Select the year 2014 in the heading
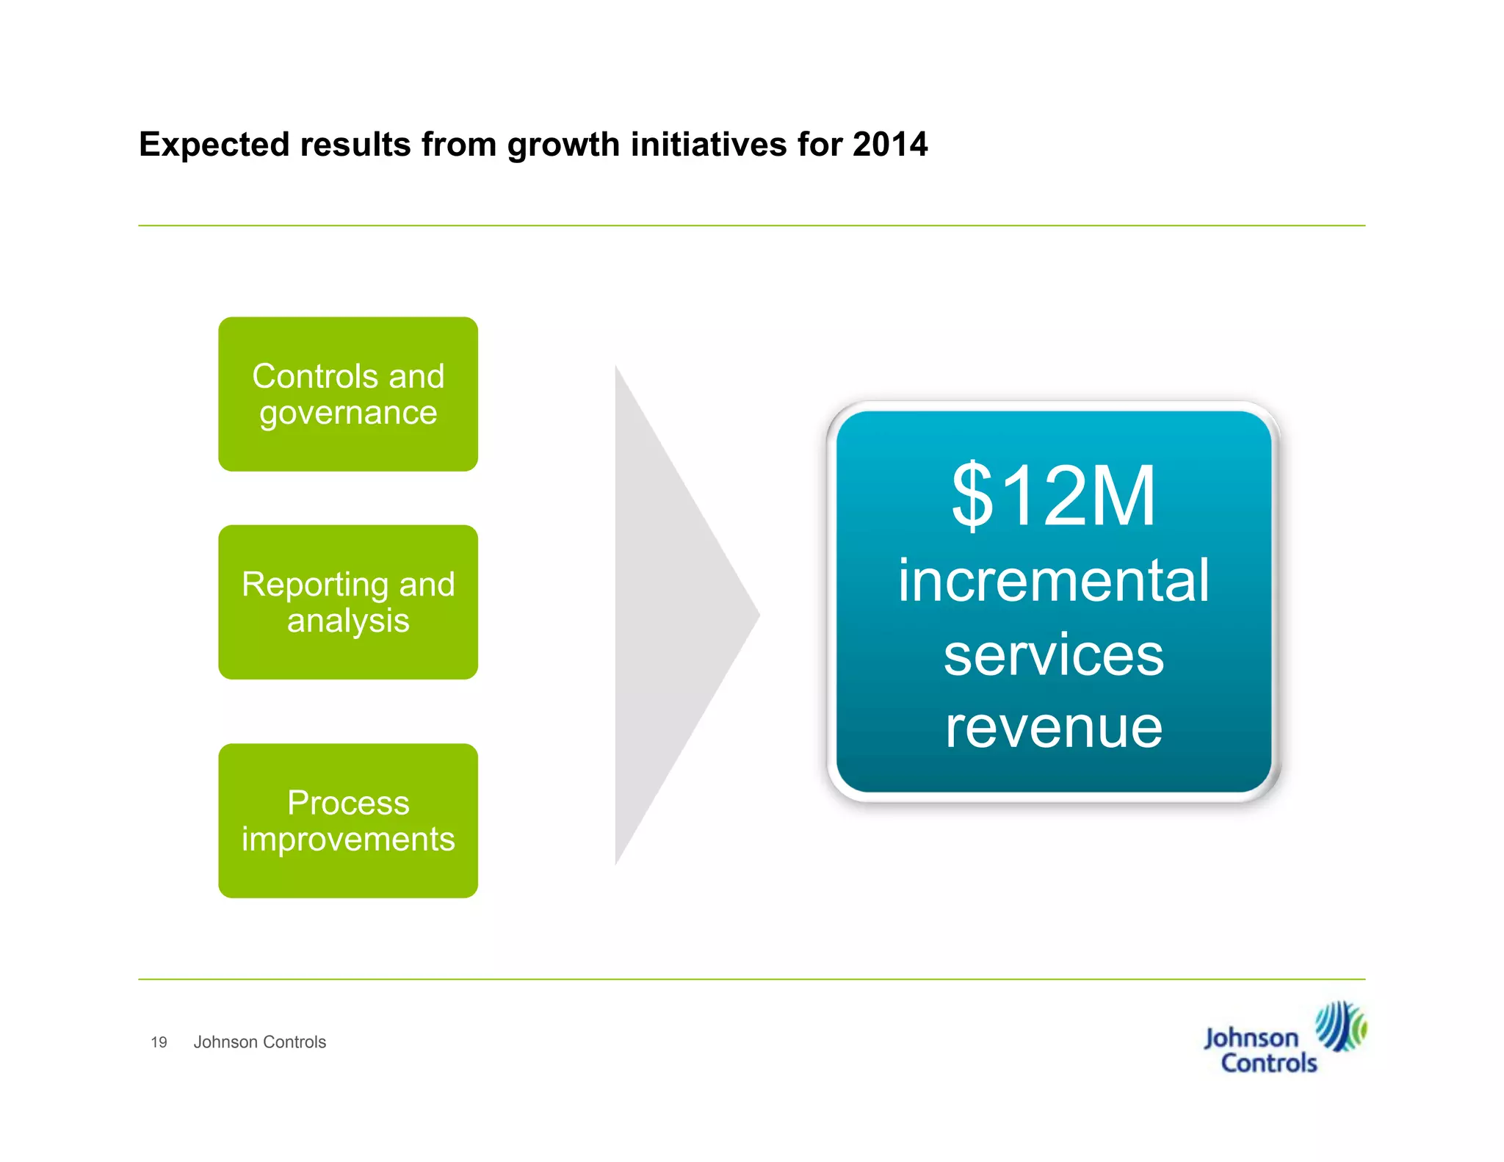[x=890, y=144]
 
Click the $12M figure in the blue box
[x=1054, y=497]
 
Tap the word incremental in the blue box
[x=1054, y=580]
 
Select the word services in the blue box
[x=1054, y=655]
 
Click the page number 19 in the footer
[x=159, y=1042]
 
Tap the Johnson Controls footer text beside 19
[x=259, y=1042]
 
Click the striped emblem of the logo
[x=1339, y=1025]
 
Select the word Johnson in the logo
[x=1251, y=1039]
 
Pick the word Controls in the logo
[x=1269, y=1064]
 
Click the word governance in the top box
[x=348, y=414]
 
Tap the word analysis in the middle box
[x=348, y=621]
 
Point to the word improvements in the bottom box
[x=348, y=840]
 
